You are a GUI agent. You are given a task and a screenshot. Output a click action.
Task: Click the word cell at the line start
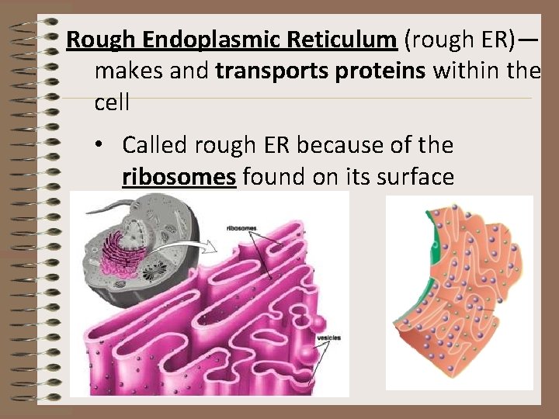coord(112,102)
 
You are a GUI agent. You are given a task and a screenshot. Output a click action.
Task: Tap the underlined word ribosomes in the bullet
coord(179,178)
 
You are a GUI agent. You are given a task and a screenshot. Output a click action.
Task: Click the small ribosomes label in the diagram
coord(241,229)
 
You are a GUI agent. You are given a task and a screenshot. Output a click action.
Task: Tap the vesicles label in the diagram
coord(328,338)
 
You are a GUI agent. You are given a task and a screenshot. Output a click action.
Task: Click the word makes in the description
coord(127,71)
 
